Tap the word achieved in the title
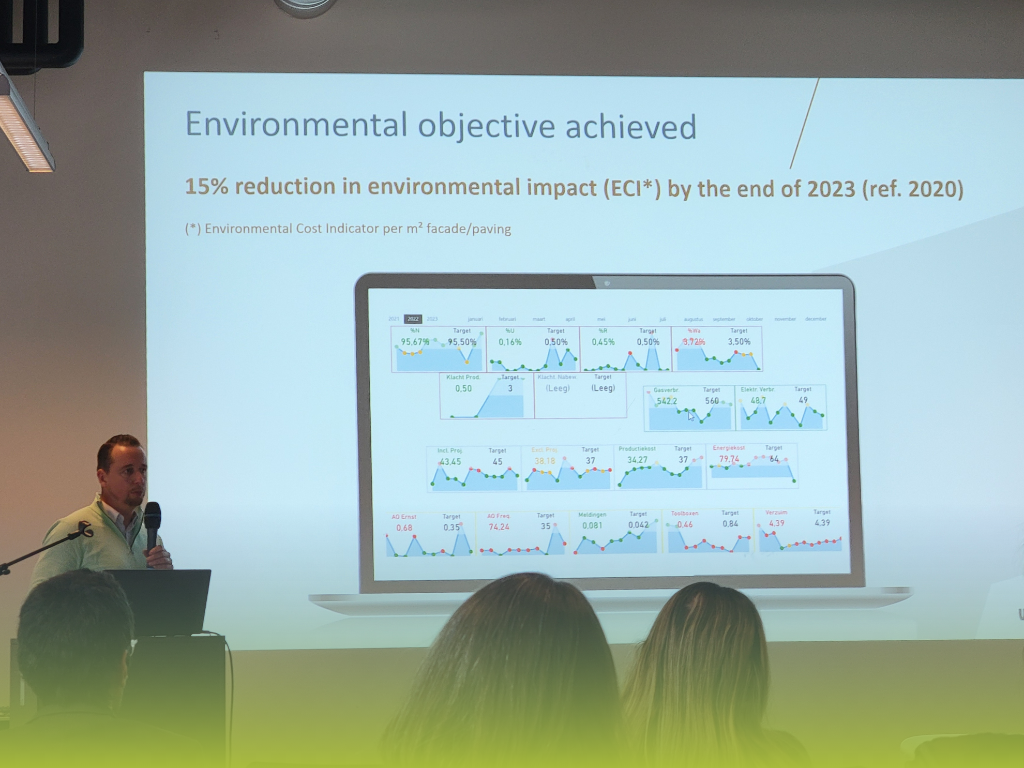(x=630, y=127)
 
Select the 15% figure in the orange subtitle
(x=206, y=186)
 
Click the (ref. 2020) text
(x=912, y=189)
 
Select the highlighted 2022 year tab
(x=413, y=319)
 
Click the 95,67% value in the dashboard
(x=415, y=342)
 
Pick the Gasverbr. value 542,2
(x=667, y=401)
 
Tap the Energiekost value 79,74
(x=729, y=459)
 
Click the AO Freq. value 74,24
(x=499, y=527)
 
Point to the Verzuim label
(x=776, y=513)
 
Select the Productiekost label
(x=637, y=449)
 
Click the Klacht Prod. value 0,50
(x=463, y=388)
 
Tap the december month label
(x=815, y=319)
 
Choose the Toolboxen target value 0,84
(x=730, y=524)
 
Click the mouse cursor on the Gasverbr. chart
(x=690, y=416)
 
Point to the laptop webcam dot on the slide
(x=607, y=283)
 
